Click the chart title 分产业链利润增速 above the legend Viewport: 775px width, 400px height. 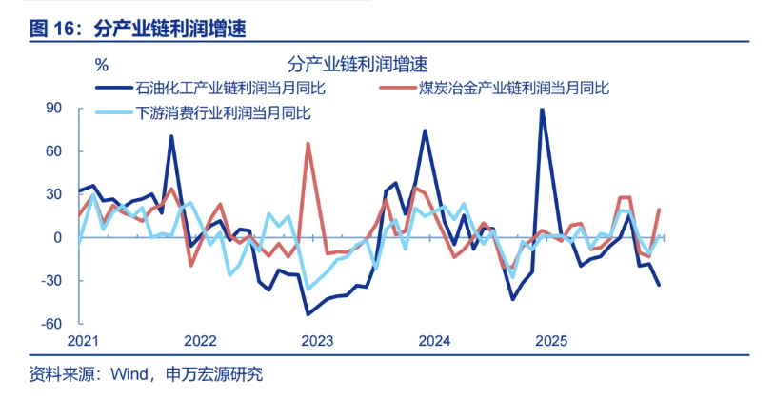click(357, 64)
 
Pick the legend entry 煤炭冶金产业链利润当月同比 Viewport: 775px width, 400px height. click(512, 89)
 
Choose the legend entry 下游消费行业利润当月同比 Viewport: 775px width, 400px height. click(225, 113)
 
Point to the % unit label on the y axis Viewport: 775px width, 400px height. click(102, 65)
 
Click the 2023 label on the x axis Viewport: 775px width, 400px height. click(316, 341)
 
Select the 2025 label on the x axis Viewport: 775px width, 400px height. click(550, 341)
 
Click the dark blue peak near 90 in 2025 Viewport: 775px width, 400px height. click(543, 110)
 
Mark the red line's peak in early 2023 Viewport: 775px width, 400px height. click(308, 144)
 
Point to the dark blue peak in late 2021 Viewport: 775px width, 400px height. click(171, 136)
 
